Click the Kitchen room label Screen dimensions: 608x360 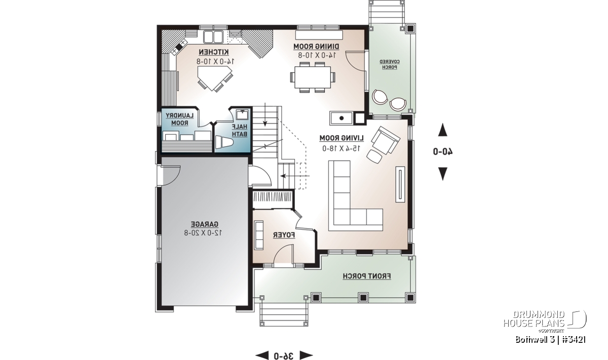(x=214, y=52)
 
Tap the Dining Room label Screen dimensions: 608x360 (x=317, y=47)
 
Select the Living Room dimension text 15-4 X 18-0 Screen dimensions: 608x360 (x=341, y=148)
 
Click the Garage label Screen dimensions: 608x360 (x=205, y=224)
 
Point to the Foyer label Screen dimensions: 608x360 (x=284, y=235)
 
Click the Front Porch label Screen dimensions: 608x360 (x=367, y=276)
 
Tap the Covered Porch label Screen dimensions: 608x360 (x=390, y=64)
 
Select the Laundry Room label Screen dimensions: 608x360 (x=180, y=119)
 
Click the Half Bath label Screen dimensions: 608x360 (x=240, y=130)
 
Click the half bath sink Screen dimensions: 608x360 (x=242, y=114)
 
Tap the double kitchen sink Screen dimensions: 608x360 (x=213, y=36)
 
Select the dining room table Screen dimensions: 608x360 (x=313, y=77)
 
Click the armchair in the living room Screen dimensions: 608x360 (x=386, y=140)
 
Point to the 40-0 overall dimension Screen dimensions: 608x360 (x=443, y=151)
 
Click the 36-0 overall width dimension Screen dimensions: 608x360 (x=284, y=355)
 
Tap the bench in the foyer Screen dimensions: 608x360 (x=259, y=235)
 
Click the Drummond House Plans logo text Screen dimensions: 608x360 (x=534, y=319)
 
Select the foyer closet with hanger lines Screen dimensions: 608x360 (x=273, y=199)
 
